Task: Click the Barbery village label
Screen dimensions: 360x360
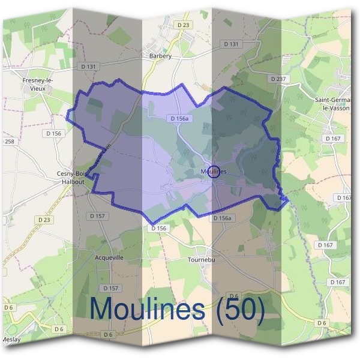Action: (160, 56)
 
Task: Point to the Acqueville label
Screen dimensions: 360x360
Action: (109, 257)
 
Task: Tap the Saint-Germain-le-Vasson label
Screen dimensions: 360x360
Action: (336, 104)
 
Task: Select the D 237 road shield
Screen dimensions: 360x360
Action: (278, 79)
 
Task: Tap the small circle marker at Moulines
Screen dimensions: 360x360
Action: (215, 171)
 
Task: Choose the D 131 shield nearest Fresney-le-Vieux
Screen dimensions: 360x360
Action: (88, 67)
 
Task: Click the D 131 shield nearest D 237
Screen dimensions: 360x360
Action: (231, 44)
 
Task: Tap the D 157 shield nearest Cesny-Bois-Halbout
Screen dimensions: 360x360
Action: (97, 215)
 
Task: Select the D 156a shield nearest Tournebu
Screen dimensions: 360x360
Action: (223, 218)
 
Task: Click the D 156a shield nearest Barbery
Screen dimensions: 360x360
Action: (179, 119)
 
